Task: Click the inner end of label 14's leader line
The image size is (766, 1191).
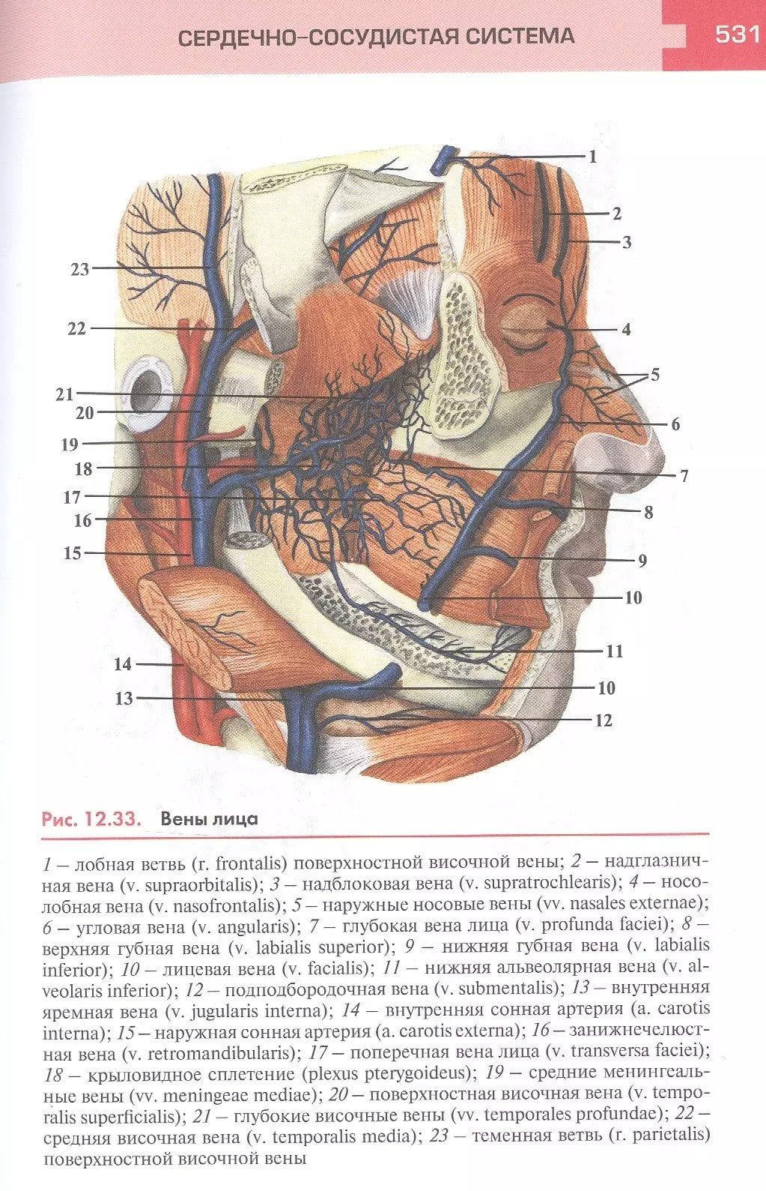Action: [184, 664]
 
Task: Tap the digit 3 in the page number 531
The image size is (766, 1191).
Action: [738, 34]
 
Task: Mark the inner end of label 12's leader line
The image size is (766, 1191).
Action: [372, 719]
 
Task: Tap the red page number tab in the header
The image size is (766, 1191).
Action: [714, 35]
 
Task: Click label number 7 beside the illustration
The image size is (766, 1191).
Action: [684, 476]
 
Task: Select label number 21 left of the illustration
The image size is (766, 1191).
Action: [64, 394]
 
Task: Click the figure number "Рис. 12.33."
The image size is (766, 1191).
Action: [91, 818]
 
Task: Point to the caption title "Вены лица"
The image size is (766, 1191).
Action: [209, 818]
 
